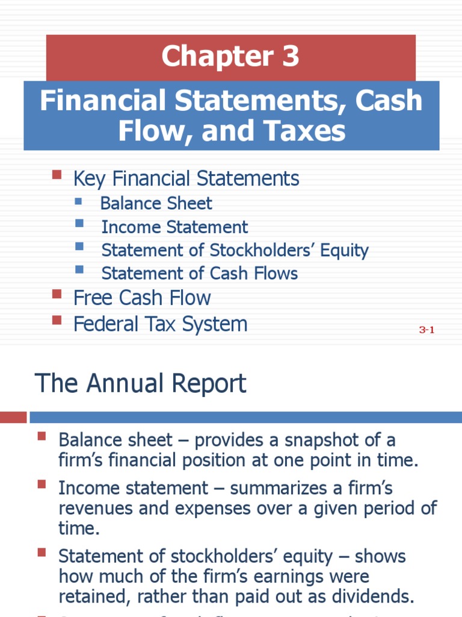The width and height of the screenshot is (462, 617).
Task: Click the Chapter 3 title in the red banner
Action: [230, 57]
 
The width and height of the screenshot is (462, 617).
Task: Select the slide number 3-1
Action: [427, 330]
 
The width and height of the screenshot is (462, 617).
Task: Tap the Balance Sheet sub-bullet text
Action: [156, 204]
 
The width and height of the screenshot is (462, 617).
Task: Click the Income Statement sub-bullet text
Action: [174, 227]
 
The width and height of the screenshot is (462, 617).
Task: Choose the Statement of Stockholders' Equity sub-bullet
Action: [235, 250]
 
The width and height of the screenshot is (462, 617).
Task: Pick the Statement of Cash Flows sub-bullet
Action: [199, 274]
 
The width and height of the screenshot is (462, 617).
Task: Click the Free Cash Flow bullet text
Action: [142, 298]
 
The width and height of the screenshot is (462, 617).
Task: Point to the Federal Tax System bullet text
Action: [160, 324]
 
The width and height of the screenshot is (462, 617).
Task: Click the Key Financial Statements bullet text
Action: [186, 178]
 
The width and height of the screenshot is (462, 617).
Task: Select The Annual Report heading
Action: [141, 384]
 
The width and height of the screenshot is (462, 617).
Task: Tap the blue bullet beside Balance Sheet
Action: [79, 200]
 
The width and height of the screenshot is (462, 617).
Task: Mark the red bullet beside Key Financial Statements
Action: [57, 175]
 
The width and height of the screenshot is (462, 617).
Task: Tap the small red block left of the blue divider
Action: [13, 417]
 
